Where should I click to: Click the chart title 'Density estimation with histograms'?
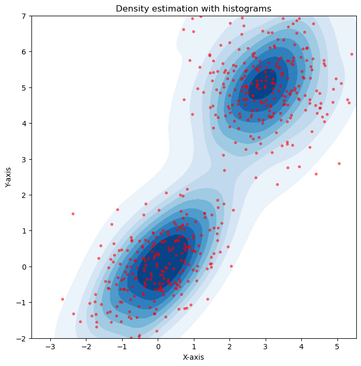194,8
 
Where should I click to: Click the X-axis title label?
194,357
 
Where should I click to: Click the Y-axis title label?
8,178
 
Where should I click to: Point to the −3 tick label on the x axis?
50,347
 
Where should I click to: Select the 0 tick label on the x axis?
158,347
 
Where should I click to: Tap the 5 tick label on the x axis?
337,347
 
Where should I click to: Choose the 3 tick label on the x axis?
265,347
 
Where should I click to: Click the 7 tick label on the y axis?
24,16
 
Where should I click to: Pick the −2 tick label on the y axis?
21,338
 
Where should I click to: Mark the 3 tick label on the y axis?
24,159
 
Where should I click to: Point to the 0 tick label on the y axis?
24,267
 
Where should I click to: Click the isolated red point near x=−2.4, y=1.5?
73,214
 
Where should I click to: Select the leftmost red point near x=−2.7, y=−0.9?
62,299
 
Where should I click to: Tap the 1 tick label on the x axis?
194,347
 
